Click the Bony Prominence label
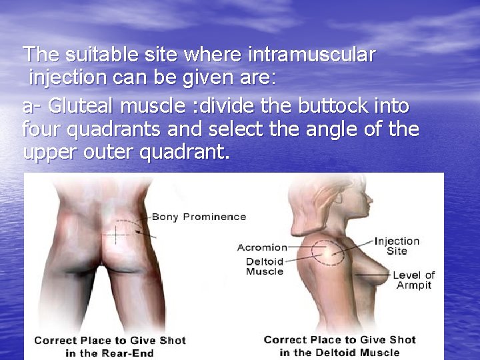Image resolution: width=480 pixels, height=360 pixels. (199, 217)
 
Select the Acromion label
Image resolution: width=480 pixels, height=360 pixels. (262, 247)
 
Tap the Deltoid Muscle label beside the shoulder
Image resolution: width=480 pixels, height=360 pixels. (265, 267)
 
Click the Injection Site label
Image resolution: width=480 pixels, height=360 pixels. (397, 246)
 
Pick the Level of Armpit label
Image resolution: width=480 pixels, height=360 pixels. (413, 280)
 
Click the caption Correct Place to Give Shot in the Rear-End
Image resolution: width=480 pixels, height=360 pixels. (109, 346)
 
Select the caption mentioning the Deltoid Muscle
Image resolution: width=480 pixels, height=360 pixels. (339, 345)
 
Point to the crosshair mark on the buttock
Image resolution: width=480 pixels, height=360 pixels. (119, 233)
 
